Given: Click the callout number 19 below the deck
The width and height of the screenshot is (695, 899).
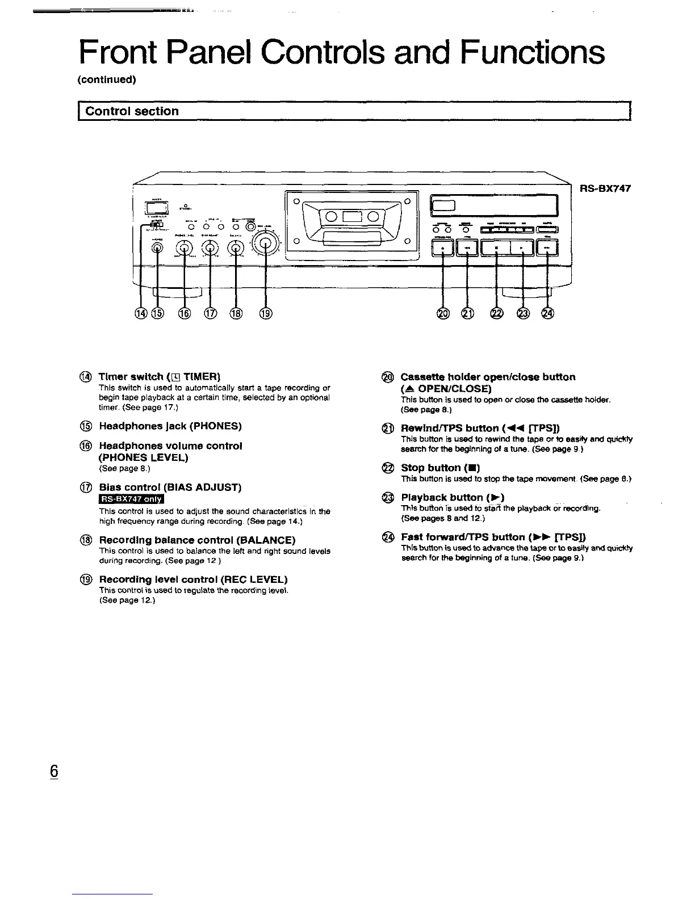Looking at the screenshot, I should (266, 313).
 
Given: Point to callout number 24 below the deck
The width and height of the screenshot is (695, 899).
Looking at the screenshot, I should (547, 313).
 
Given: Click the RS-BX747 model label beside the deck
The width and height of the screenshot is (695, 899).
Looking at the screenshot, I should (605, 189).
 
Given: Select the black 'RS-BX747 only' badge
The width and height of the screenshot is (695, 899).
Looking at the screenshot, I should (131, 499).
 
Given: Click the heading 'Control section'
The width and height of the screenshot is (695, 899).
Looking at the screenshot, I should (132, 111).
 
